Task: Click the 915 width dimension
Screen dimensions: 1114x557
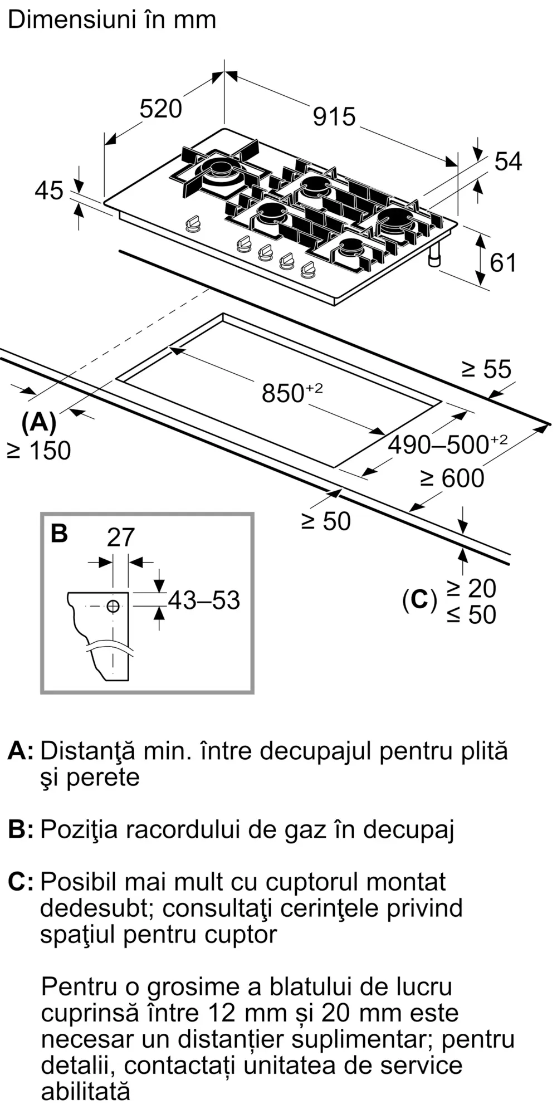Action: [x=334, y=116]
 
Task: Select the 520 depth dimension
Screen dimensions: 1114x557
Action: [x=160, y=109]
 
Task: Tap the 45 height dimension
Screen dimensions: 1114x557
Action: [x=49, y=190]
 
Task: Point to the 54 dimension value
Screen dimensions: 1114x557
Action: [x=508, y=162]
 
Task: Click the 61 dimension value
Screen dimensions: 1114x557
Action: [x=503, y=262]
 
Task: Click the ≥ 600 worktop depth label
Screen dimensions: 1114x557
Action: [x=452, y=478]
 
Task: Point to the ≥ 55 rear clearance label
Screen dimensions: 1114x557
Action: [x=486, y=369]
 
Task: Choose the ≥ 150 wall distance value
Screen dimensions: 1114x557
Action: [x=39, y=451]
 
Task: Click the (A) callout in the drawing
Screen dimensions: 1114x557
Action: [x=38, y=422]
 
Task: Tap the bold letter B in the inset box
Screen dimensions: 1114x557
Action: [x=59, y=533]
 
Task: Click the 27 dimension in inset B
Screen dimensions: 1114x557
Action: [x=121, y=538]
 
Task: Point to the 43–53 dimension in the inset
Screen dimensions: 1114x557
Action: [x=204, y=600]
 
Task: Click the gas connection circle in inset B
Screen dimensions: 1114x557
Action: [x=113, y=606]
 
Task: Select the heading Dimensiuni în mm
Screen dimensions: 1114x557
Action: [x=112, y=20]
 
